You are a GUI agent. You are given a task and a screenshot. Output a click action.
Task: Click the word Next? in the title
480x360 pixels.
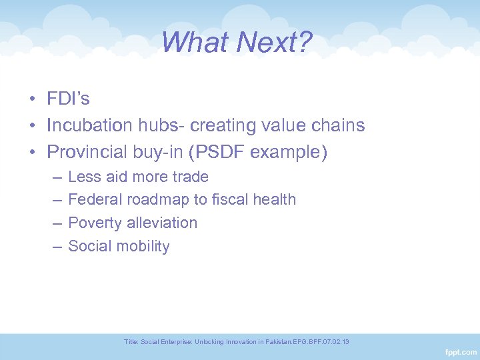tap(275, 43)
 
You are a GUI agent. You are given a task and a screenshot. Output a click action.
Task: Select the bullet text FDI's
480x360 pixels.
tap(68, 99)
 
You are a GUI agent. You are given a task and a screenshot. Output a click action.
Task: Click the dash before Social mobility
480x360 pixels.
tap(55, 246)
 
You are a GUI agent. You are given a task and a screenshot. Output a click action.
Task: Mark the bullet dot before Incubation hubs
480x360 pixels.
tap(32, 126)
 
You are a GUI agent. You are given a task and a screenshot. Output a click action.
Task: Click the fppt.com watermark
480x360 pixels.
tap(460, 351)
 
